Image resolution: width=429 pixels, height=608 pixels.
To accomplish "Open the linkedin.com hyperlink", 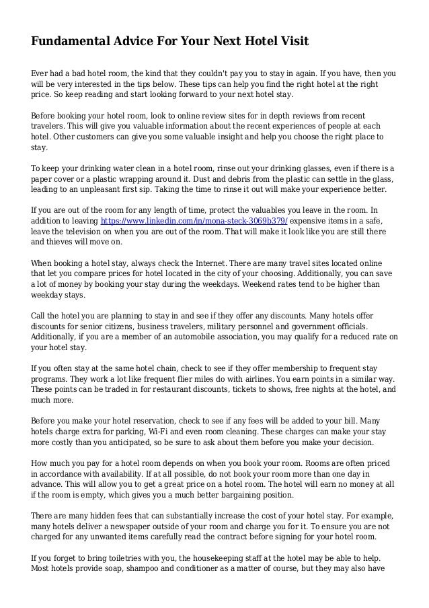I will pos(194,220).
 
